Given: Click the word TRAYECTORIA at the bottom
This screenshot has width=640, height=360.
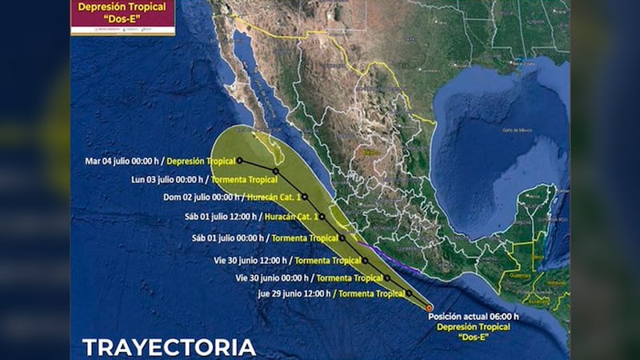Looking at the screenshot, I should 169,346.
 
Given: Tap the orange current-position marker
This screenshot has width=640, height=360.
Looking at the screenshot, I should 429,307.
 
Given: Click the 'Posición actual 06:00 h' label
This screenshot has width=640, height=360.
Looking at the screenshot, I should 473,317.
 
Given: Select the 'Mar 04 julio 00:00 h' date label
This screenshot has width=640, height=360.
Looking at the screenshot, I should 117,161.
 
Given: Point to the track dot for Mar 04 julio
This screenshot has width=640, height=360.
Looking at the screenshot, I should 239,160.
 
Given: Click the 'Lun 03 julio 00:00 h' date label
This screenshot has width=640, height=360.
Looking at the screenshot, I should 166,180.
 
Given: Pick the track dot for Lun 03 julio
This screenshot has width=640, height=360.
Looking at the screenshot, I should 276,171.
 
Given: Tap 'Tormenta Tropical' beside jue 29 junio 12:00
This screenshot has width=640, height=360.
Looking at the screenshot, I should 371,294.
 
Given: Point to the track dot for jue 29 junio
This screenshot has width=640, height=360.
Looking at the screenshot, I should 409,294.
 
